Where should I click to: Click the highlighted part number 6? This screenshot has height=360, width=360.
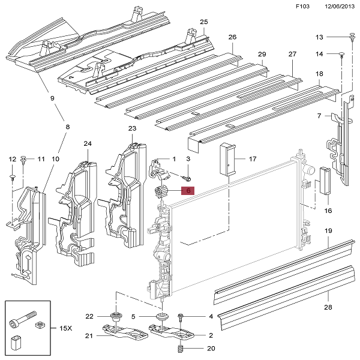(188, 191)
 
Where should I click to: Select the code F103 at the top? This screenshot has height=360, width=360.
(304, 7)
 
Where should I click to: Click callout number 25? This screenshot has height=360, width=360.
(203, 22)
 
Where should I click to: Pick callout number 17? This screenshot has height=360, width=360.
(253, 159)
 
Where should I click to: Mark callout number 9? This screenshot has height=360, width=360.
(52, 98)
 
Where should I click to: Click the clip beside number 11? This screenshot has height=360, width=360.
(23, 159)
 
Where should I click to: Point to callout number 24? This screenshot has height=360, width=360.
(87, 144)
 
